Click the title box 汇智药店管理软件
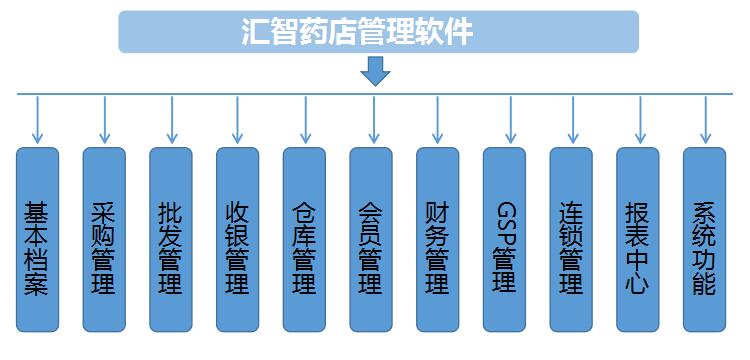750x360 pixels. [x=378, y=32]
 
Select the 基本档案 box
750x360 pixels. [x=37, y=240]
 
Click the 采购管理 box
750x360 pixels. [x=104, y=240]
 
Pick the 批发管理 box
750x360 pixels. [x=171, y=240]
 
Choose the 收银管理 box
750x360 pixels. [x=237, y=240]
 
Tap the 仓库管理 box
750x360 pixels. [x=304, y=240]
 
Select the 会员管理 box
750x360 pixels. [x=371, y=240]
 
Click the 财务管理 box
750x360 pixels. [x=437, y=240]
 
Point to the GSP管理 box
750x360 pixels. [x=504, y=240]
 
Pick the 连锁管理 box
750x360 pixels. [x=571, y=240]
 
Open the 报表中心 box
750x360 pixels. [x=637, y=240]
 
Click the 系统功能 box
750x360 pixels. [x=704, y=240]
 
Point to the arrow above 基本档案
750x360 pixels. [x=37, y=120]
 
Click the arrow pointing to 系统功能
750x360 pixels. [x=704, y=120]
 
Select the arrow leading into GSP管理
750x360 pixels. [x=504, y=120]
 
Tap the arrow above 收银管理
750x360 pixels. [x=237, y=120]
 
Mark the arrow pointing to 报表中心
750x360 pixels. [x=637, y=120]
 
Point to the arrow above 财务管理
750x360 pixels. [x=437, y=120]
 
